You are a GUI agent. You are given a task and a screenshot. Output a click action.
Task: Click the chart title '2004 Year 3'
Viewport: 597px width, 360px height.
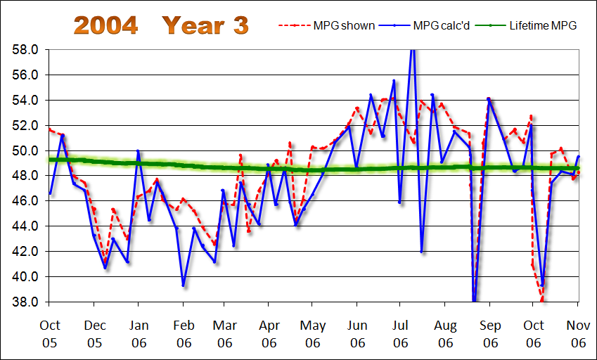pos(161,25)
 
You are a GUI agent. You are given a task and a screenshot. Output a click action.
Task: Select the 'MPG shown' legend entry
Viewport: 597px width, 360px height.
pos(328,26)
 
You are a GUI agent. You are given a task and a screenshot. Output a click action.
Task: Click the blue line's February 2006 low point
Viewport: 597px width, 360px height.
pos(183,285)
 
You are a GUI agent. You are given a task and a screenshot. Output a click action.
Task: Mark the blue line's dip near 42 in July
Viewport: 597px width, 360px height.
pos(422,252)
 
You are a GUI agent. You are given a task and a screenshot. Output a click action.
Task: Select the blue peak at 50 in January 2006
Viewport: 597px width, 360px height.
pos(138,150)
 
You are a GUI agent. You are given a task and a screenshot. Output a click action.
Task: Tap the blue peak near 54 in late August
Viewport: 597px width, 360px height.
pos(489,99)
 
